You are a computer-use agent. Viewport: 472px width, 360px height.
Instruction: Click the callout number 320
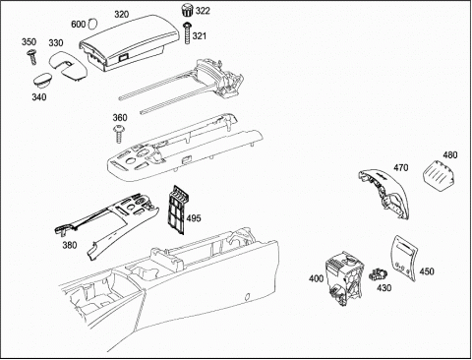point(122,15)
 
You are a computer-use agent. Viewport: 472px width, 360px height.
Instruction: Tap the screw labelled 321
point(187,33)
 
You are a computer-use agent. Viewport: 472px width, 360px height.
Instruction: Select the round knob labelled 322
point(187,11)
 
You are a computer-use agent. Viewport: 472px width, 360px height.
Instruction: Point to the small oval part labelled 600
point(92,24)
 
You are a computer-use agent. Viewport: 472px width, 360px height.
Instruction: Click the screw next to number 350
point(32,57)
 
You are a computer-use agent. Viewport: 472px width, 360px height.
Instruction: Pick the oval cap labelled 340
point(43,81)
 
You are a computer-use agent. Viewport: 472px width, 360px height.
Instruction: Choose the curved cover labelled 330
point(68,65)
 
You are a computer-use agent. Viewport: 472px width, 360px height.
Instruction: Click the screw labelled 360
point(118,134)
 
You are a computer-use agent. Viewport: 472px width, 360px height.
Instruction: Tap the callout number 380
point(70,245)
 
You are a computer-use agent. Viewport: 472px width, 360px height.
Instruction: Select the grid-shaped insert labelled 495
point(177,210)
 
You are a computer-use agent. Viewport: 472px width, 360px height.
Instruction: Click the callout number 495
point(194,218)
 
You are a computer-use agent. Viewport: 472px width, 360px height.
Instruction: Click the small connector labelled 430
point(378,274)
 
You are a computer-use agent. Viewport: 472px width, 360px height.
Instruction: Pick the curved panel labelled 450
point(405,258)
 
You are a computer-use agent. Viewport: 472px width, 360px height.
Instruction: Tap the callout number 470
point(401,168)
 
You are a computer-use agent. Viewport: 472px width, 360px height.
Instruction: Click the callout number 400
point(316,278)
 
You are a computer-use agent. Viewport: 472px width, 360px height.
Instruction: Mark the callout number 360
point(120,117)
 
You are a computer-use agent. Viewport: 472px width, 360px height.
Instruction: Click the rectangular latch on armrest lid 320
point(124,58)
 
